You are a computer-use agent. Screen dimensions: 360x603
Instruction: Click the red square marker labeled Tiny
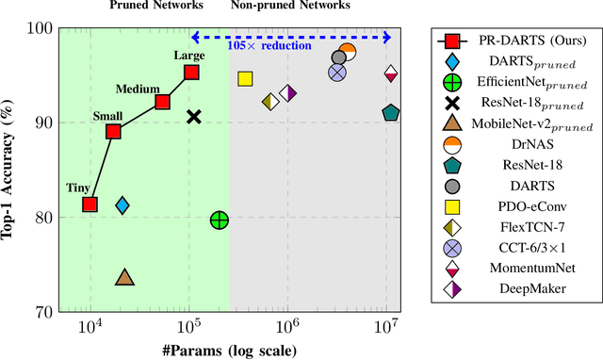pos(90,205)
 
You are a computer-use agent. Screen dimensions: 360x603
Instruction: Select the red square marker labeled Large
pos(191,73)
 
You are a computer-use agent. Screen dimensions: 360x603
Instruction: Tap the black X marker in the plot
pos(194,117)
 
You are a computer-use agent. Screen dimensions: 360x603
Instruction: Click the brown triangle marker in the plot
pos(124,277)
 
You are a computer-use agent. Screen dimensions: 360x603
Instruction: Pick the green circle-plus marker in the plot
pos(219,221)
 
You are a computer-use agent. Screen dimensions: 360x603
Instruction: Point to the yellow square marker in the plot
pos(245,79)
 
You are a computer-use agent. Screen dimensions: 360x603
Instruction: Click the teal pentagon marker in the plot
pos(391,113)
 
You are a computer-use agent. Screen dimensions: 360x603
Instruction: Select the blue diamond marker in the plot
pos(122,205)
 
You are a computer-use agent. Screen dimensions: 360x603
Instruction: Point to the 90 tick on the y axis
pos(39,123)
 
